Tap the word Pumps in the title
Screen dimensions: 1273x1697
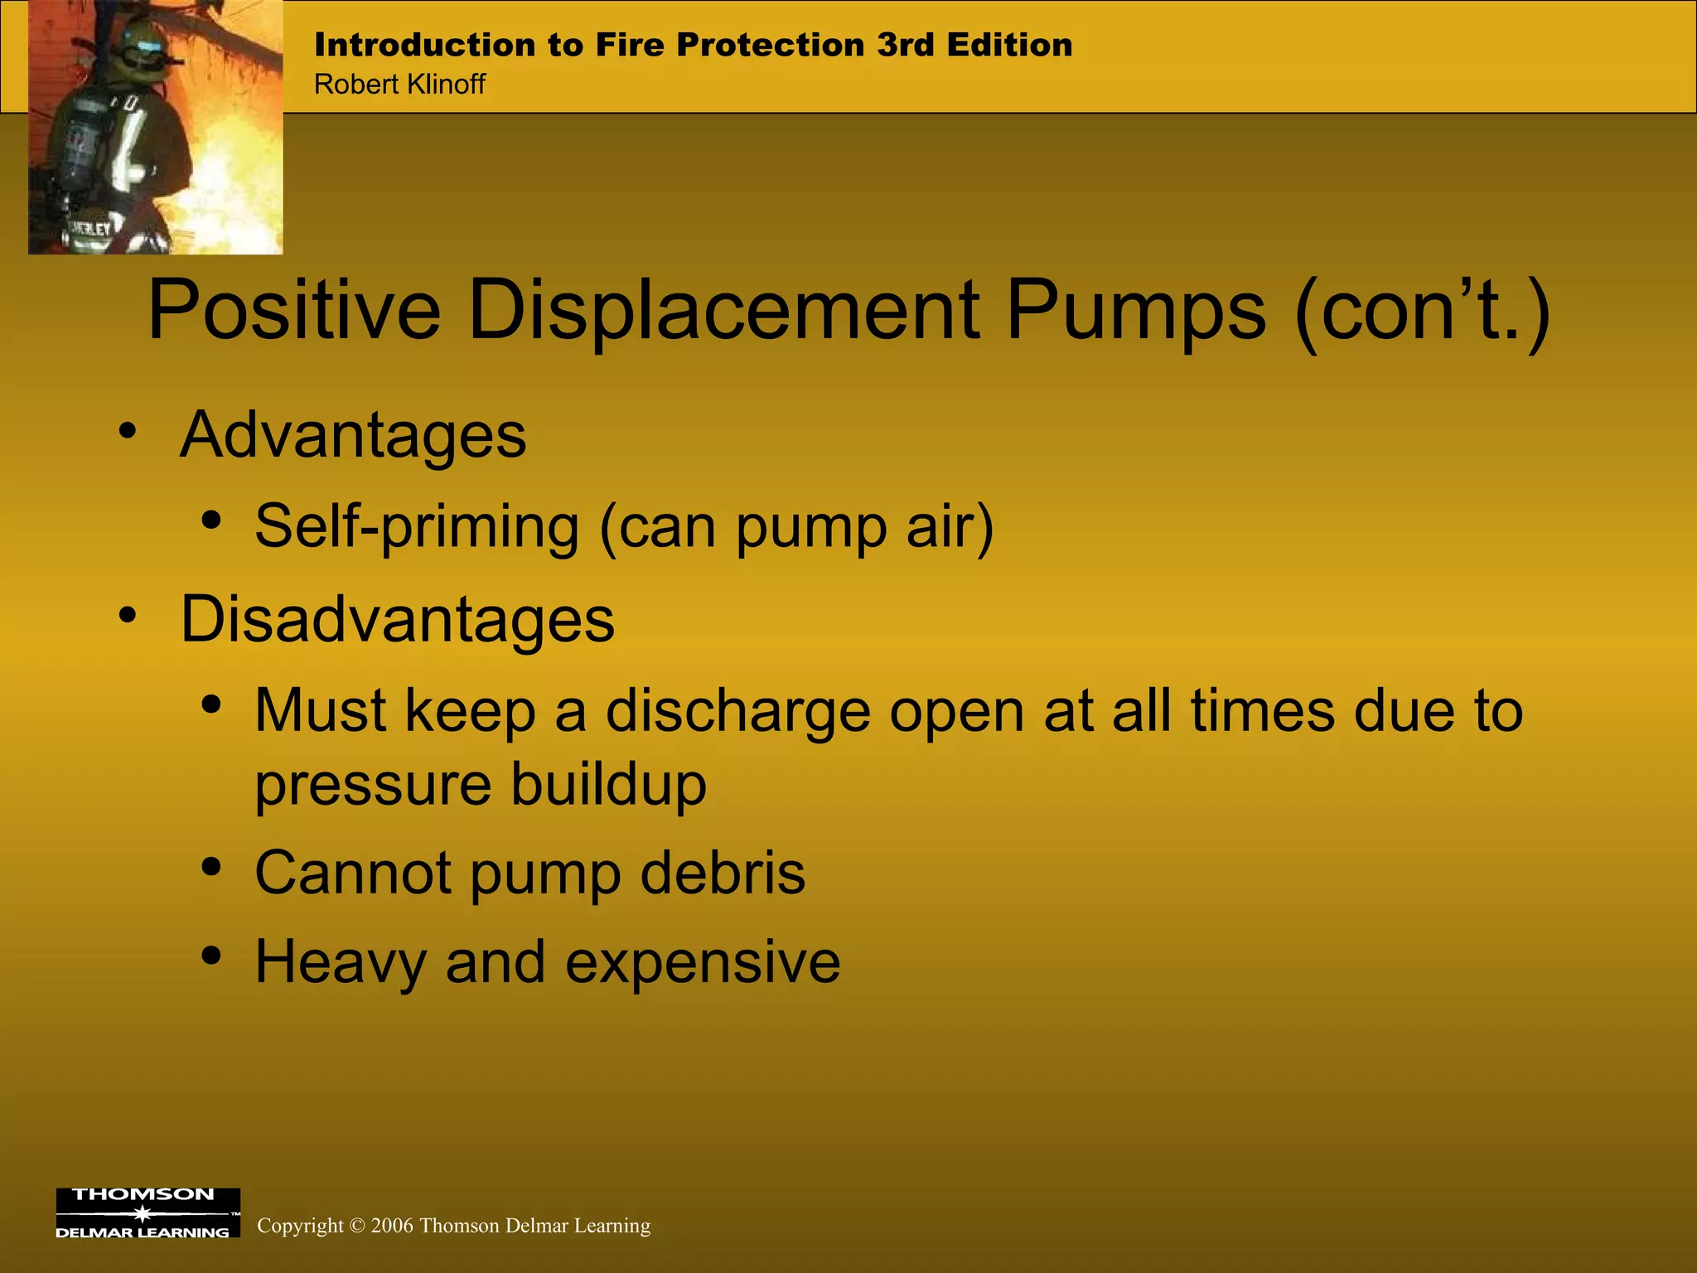(1136, 311)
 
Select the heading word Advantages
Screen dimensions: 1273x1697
(353, 435)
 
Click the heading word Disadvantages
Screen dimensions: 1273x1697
(398, 619)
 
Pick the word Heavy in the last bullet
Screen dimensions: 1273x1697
(340, 963)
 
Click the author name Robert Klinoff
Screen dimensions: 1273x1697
(399, 85)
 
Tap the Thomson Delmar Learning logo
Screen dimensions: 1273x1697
(147, 1212)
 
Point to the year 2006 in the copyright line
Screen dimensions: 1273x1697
(392, 1226)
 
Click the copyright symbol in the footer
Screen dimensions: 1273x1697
(357, 1226)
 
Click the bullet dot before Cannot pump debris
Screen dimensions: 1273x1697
(211, 867)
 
